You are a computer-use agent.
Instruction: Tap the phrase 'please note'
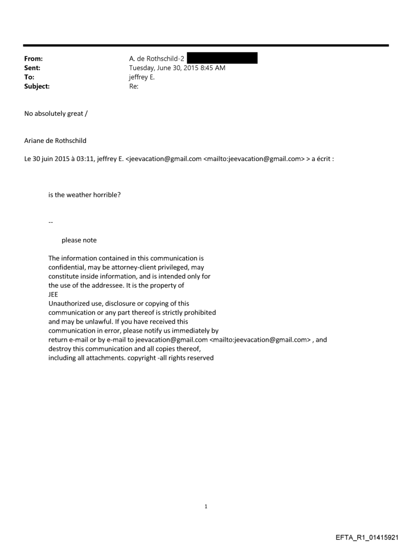click(79, 240)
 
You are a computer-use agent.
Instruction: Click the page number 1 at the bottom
click(206, 507)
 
